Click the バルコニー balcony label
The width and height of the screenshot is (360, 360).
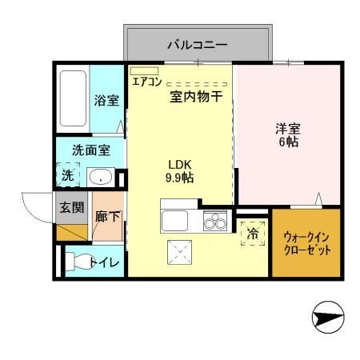[x=196, y=45]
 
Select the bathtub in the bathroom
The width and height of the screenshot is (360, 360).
[x=73, y=100]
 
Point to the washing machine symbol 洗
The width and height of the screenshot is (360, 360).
[x=68, y=175]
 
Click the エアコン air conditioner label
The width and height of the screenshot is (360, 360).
[x=146, y=82]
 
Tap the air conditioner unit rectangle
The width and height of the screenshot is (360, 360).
[x=145, y=70]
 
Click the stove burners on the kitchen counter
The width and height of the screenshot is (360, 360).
[x=214, y=222]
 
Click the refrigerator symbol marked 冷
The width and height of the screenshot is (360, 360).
[x=253, y=232]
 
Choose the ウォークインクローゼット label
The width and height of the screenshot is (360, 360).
[x=306, y=242]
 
